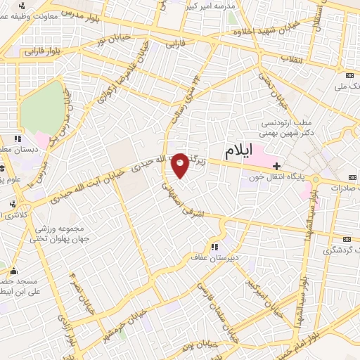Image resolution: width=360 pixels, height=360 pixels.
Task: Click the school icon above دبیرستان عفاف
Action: click(x=214, y=247)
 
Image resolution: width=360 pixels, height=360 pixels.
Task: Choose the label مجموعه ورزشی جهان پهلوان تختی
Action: click(x=58, y=235)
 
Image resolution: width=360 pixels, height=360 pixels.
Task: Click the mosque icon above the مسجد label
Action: click(x=13, y=269)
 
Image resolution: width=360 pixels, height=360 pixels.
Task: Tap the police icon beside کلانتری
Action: click(x=12, y=203)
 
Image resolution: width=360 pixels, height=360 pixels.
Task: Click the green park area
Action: click(x=43, y=110)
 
